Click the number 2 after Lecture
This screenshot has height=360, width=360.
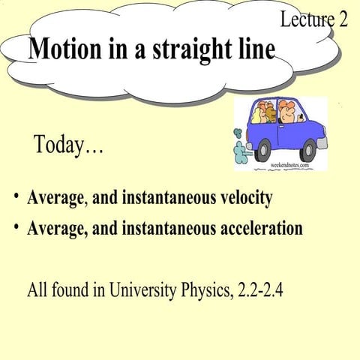tap(341, 19)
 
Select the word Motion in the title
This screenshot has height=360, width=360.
tap(67, 49)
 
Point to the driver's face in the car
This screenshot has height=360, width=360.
tap(288, 113)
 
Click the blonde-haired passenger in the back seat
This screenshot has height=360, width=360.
tap(256, 112)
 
